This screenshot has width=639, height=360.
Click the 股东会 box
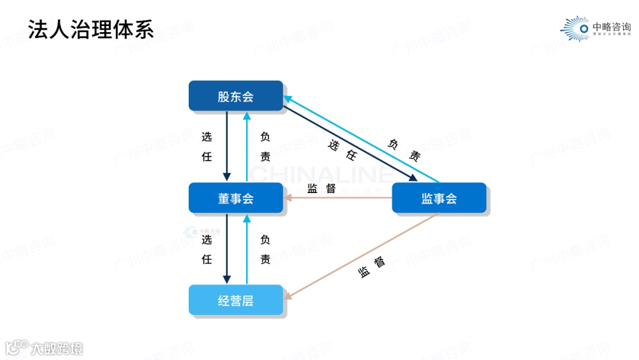pyautogui.click(x=235, y=96)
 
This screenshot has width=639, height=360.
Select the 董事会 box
pyautogui.click(x=235, y=198)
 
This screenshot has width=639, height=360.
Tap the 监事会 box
pyautogui.click(x=439, y=198)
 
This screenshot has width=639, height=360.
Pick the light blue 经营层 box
pyautogui.click(x=235, y=300)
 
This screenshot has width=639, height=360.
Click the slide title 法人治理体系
pyautogui.click(x=91, y=29)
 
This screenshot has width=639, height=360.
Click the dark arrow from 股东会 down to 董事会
pyautogui.click(x=227, y=146)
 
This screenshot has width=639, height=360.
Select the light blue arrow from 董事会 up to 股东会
pyautogui.click(x=247, y=146)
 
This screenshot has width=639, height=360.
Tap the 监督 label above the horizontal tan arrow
pyautogui.click(x=322, y=188)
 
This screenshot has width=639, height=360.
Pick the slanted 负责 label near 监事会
pyautogui.click(x=405, y=149)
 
